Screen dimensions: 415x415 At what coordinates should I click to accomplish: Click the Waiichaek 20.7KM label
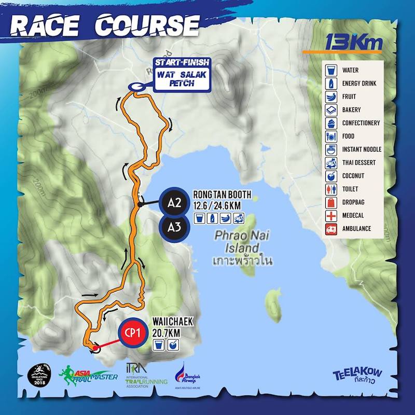[173, 327]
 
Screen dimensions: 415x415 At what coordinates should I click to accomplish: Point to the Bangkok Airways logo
[187, 375]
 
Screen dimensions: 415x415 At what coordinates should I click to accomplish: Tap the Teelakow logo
[357, 375]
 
